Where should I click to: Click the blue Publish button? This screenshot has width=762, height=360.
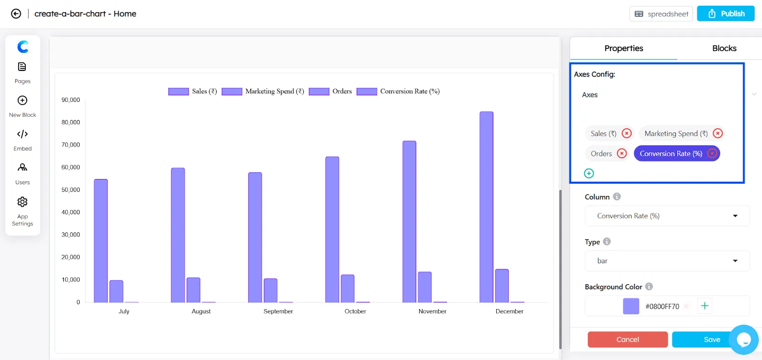coord(725,14)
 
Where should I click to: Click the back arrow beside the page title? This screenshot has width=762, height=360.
coord(16,14)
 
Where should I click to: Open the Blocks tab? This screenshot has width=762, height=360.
coord(724,48)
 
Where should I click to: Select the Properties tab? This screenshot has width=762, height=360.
coord(623,48)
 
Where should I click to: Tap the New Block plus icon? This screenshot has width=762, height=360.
coord(22,100)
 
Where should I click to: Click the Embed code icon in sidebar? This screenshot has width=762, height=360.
coord(22,134)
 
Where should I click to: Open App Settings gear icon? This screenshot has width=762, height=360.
coord(22,202)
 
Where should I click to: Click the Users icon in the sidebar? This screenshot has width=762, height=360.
coord(22,168)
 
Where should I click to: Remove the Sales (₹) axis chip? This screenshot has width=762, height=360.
coord(627,133)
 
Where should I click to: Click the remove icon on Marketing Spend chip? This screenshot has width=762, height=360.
coord(718,133)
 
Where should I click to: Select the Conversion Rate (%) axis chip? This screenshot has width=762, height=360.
coord(671,154)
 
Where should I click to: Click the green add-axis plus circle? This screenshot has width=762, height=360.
coord(589,173)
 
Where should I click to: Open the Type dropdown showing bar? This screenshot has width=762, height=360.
coord(667,261)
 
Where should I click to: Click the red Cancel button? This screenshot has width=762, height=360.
coord(627,340)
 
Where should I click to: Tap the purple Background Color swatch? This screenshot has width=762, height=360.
coord(631,306)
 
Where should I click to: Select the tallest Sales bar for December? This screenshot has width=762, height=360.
coord(486,207)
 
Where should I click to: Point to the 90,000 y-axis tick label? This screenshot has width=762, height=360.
coord(70,100)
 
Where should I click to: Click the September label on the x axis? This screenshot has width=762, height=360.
coord(278,311)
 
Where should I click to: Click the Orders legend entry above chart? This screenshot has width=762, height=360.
coord(331,91)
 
